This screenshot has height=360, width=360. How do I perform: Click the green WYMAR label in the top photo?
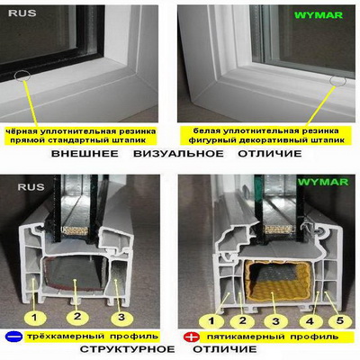319,15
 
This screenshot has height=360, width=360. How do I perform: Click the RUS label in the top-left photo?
22,13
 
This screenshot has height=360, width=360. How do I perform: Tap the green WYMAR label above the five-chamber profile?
323,182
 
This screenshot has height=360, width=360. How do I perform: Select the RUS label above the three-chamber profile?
31,187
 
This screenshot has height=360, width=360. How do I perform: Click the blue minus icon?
14,337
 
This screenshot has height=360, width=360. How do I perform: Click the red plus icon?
191,337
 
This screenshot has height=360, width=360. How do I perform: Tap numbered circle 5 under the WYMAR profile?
340,320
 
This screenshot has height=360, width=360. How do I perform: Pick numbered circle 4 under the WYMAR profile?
310,321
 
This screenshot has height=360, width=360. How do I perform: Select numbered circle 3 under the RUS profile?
121,317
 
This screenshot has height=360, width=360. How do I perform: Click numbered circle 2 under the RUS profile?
77,317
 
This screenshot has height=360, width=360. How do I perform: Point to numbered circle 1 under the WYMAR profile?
211,321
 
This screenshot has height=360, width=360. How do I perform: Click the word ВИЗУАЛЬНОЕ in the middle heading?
178,154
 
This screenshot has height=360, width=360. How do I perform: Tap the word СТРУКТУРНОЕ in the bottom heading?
127,349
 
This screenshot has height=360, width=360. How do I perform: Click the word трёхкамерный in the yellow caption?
66,336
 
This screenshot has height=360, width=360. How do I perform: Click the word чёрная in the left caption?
19,131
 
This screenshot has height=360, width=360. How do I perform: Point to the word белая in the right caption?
205,131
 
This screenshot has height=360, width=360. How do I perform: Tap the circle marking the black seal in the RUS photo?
22,75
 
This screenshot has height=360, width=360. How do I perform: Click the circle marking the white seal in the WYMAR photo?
337,80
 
